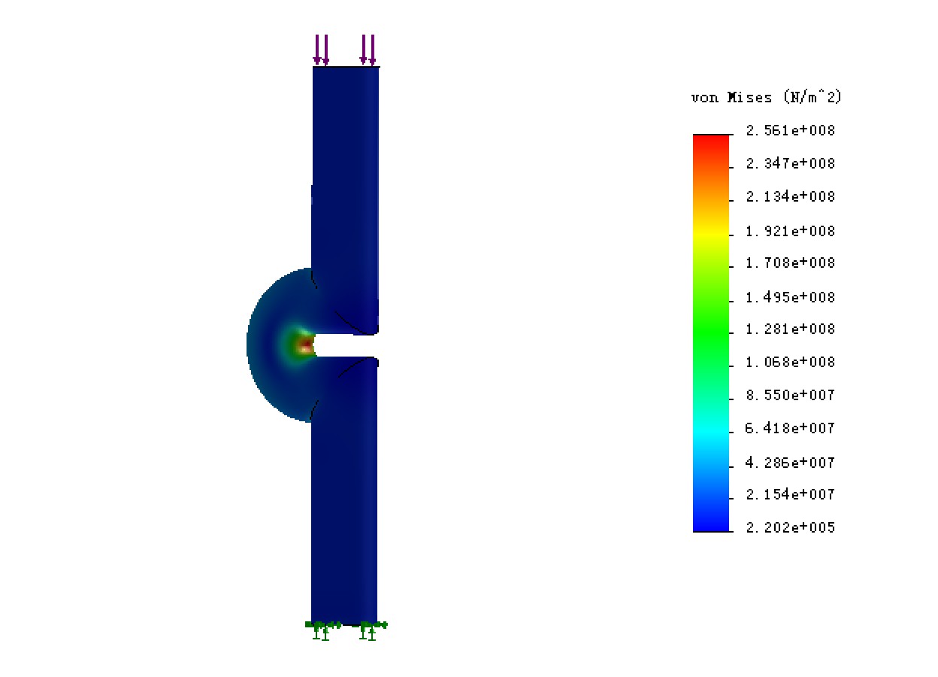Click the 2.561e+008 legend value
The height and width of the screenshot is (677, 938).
point(790,130)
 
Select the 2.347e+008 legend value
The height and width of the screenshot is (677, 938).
point(790,163)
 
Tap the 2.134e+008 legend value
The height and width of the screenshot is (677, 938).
point(790,196)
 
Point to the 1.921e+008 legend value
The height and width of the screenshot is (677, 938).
point(790,231)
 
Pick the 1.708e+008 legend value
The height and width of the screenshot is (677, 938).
point(790,263)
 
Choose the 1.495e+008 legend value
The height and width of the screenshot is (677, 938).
point(790,297)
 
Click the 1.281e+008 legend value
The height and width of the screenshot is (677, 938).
point(790,329)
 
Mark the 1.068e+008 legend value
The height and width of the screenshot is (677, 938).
point(790,362)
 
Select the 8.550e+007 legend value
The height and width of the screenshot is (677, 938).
point(790,395)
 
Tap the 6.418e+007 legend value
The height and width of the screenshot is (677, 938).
point(790,428)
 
